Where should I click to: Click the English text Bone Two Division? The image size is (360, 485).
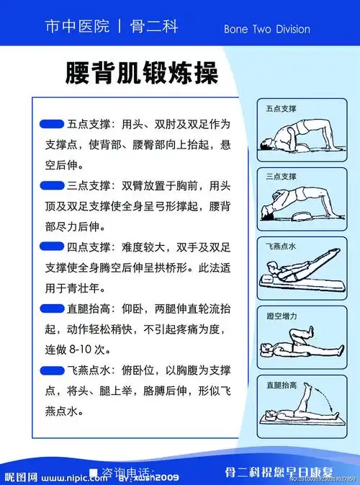[x=266, y=30]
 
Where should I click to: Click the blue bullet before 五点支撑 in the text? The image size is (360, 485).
[x=52, y=123]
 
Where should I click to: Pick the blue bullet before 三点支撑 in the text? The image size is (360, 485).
[x=52, y=185]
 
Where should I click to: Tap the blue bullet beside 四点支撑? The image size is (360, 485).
[x=52, y=246]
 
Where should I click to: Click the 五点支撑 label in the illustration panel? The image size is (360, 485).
[x=281, y=109]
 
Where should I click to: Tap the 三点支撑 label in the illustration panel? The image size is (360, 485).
[x=281, y=177]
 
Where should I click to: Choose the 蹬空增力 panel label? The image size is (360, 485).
[x=281, y=316]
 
